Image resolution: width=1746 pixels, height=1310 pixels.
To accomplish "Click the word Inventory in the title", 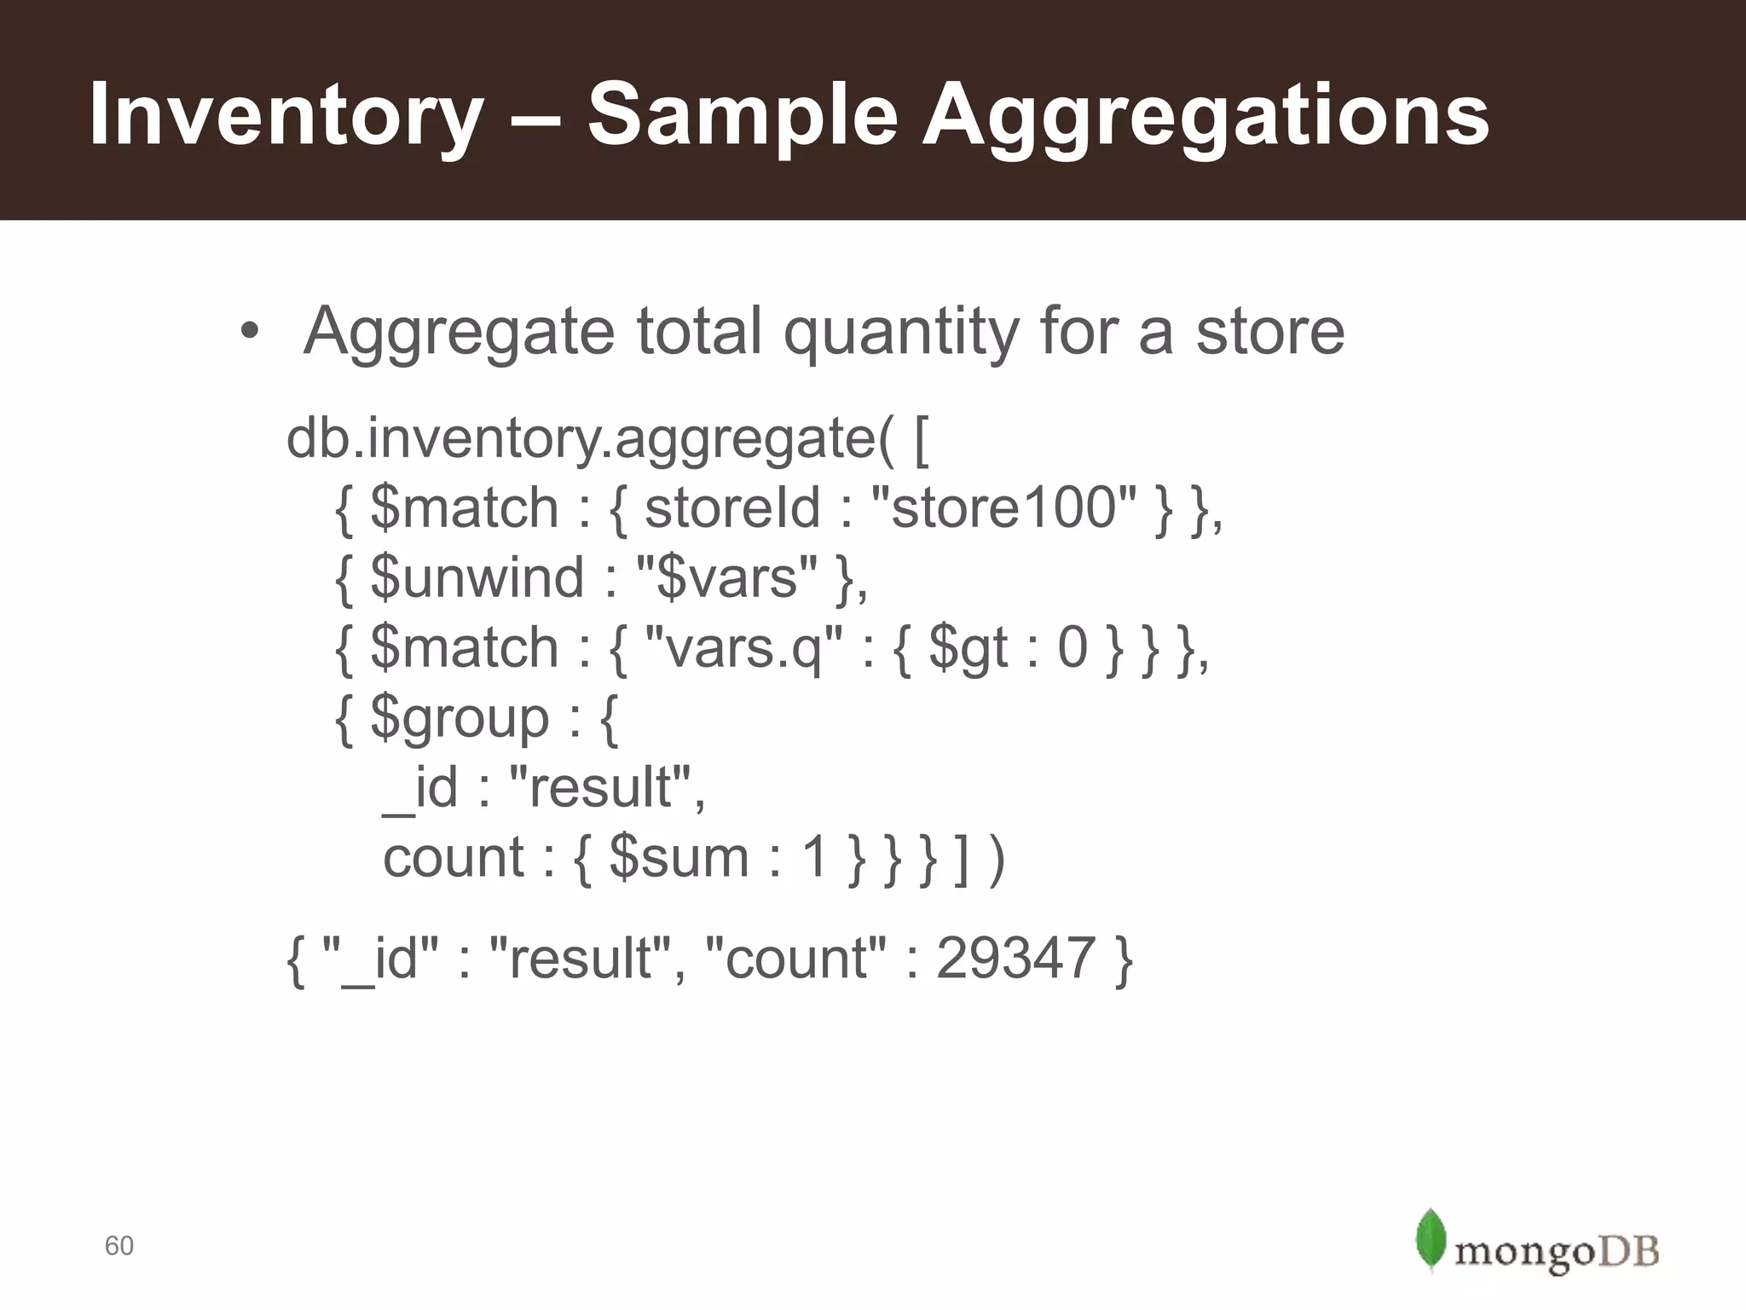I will coord(286,115).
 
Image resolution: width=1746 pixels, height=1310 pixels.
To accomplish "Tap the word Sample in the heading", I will coord(742,115).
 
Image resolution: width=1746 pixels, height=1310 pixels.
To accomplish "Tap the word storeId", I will coord(731,508).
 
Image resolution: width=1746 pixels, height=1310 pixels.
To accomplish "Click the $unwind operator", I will coord(477,578).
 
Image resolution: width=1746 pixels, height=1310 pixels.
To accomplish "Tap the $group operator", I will coord(460,719).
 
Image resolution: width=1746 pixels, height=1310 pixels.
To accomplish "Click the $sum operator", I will coord(679,858).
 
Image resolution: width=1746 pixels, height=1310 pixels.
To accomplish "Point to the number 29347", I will coord(1015,959).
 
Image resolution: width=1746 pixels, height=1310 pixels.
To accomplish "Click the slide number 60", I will coord(119,1246).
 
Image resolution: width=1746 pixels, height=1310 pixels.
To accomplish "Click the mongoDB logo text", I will coord(1557,1253).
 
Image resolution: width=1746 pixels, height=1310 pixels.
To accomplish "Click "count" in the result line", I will coord(796,959).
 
